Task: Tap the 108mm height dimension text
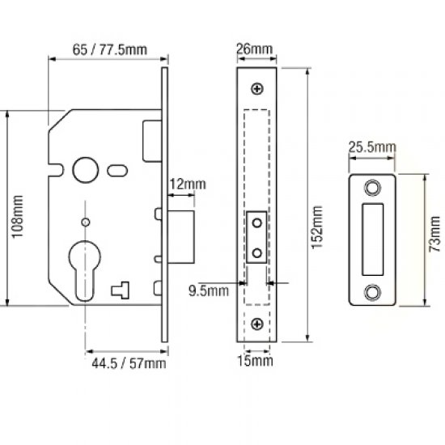[x=18, y=210]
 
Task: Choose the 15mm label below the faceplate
[x=256, y=358]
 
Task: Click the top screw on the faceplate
[x=257, y=88]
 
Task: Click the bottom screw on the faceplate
[x=257, y=324]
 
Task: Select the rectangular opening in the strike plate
[x=372, y=239]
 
